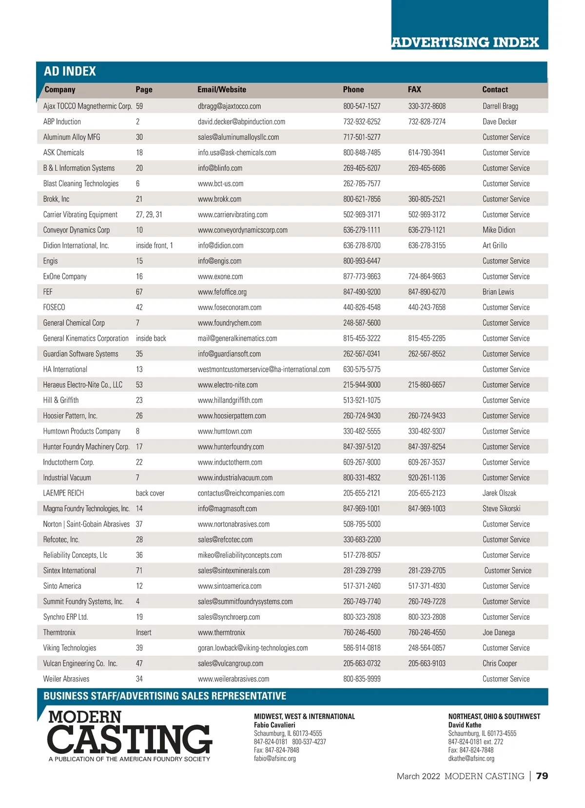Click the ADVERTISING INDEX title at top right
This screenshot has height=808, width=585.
(x=465, y=42)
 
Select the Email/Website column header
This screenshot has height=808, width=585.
(x=222, y=90)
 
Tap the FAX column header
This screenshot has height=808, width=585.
(x=414, y=90)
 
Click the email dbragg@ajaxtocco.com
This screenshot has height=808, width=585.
(x=229, y=106)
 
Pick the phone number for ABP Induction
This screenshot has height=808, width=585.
(x=362, y=122)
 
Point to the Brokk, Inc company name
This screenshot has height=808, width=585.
(x=56, y=199)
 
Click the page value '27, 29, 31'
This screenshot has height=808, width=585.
(x=149, y=215)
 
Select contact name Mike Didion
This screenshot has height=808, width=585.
(x=499, y=230)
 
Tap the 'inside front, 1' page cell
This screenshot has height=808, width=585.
(x=154, y=246)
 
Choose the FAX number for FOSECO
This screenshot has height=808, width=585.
(x=427, y=308)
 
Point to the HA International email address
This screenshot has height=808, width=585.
(x=264, y=370)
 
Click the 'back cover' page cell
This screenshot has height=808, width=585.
(x=150, y=493)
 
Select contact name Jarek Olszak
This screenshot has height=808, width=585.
(x=499, y=493)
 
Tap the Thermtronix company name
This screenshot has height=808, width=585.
(x=59, y=632)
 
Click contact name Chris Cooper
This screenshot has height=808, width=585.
(x=500, y=664)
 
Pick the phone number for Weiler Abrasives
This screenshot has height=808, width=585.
(x=362, y=679)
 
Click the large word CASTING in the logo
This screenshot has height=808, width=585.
(x=130, y=740)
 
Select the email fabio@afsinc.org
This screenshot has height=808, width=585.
(x=274, y=759)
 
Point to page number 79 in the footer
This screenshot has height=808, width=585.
(x=542, y=776)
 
